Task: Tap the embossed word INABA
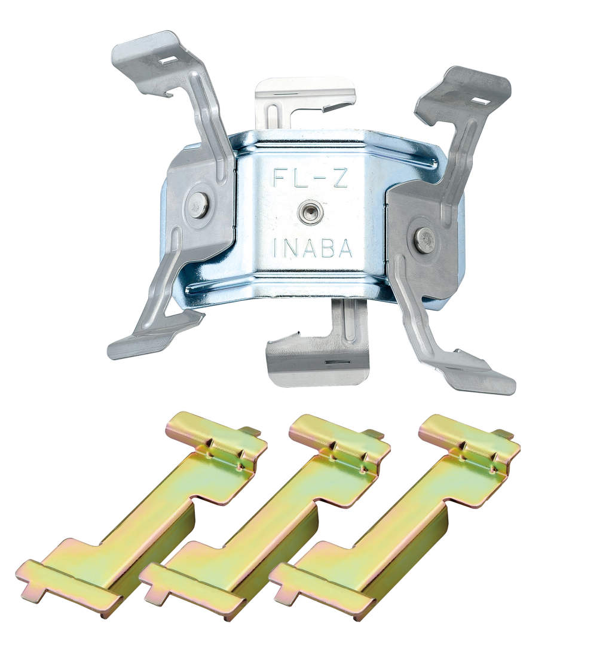[313, 249]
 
